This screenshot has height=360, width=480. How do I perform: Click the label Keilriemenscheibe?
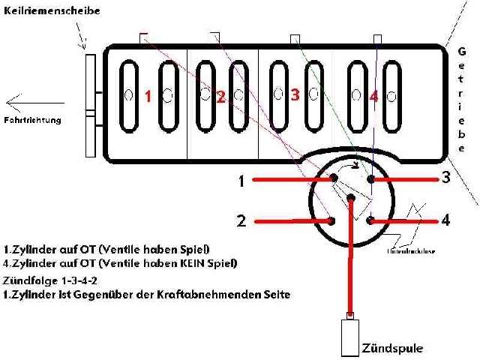52,12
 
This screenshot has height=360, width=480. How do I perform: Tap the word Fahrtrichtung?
32,119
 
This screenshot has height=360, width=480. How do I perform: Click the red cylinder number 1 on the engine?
148,96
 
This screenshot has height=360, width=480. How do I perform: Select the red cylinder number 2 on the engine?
220,96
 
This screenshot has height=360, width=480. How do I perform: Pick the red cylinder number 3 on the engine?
295,94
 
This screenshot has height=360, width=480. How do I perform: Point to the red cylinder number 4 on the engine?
373,96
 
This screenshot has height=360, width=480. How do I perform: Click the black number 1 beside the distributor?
241,181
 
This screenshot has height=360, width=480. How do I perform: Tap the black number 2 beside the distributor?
241,221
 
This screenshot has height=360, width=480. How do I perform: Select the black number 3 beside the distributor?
445,178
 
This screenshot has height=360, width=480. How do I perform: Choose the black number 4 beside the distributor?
445,220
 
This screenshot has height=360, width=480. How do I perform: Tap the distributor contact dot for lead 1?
332,178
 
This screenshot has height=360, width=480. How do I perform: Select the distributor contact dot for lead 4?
370,220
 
